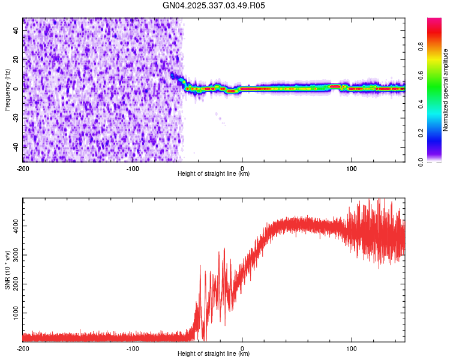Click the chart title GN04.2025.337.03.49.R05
click(x=214, y=5)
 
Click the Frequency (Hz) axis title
click(x=7, y=89)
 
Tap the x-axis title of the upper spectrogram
click(x=214, y=174)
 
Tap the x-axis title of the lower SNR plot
click(x=214, y=354)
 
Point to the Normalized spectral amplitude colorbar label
click(x=446, y=90)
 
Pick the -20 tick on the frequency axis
click(x=15, y=118)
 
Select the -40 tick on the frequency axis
click(x=15, y=146)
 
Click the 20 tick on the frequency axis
click(x=16, y=59)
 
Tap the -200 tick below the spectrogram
click(x=23, y=168)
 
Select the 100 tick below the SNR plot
click(x=352, y=348)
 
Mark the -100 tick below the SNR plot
click(x=133, y=348)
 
